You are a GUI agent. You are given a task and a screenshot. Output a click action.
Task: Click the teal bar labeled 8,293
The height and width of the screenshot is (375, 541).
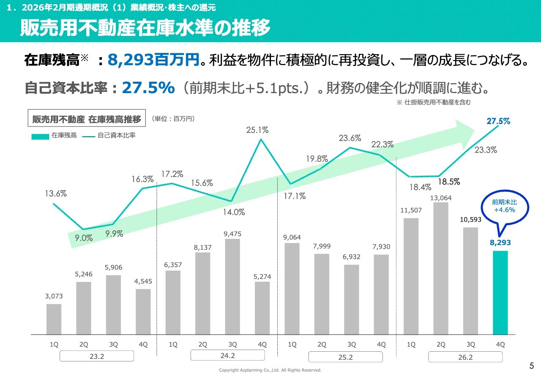click(500, 292)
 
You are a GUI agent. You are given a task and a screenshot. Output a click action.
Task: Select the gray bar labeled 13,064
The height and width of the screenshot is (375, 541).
click(440, 268)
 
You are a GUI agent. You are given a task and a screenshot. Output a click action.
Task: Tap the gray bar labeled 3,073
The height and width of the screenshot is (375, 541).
click(54, 319)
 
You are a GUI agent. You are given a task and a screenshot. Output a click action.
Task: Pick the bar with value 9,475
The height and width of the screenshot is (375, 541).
click(232, 287)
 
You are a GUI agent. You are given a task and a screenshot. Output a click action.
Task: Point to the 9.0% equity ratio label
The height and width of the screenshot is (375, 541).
click(84, 238)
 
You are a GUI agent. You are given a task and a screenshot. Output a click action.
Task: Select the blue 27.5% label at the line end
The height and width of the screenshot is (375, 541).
click(498, 121)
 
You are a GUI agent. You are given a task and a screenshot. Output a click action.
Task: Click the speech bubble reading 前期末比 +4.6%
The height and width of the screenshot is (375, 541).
click(504, 207)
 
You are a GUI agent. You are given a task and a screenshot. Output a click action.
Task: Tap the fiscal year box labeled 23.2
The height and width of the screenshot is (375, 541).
click(97, 356)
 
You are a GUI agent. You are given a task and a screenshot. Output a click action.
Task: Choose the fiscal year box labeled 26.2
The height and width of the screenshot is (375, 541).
click(465, 357)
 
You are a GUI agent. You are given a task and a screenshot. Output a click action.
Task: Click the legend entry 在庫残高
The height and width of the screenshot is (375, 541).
click(54, 136)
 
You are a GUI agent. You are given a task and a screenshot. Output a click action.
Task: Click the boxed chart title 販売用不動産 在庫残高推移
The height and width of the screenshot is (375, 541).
click(87, 119)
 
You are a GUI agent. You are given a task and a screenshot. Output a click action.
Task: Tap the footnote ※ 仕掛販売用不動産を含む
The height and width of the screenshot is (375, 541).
click(434, 102)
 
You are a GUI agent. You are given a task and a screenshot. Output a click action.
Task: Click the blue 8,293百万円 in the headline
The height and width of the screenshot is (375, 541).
click(153, 61)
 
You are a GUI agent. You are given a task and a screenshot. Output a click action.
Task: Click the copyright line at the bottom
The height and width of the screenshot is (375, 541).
click(270, 370)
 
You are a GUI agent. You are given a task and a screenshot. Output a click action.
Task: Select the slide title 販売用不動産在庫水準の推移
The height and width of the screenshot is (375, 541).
click(145, 28)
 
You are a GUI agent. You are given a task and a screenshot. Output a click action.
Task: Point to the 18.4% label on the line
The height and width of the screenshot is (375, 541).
click(420, 187)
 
